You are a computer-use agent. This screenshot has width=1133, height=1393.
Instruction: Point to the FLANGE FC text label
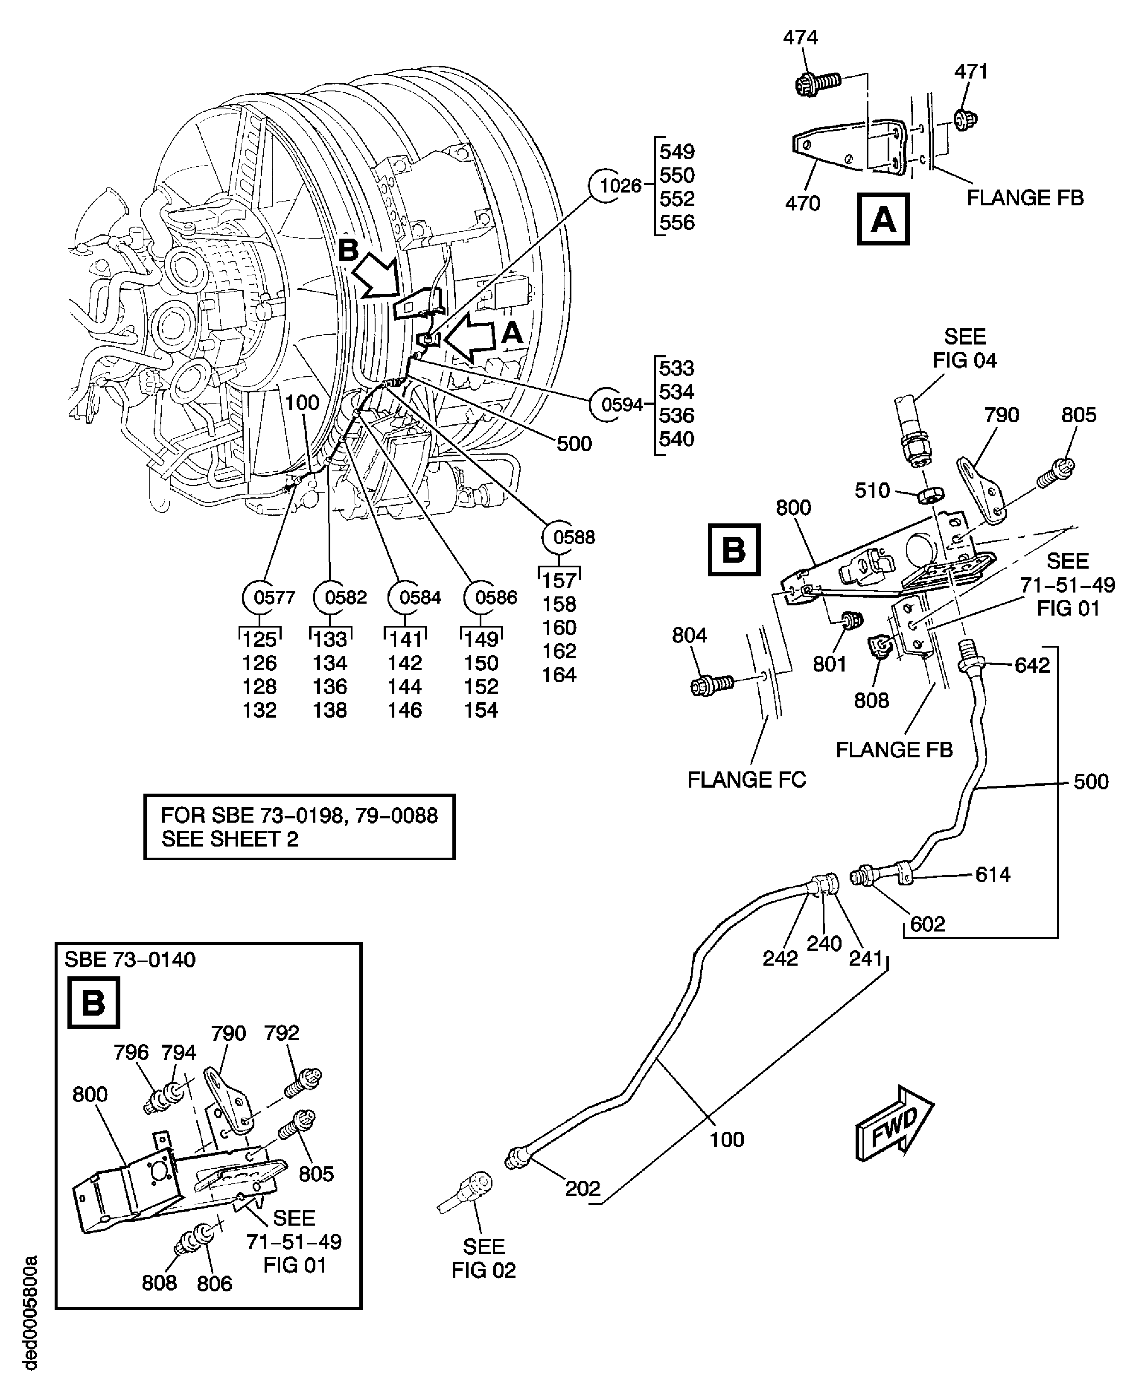[747, 780]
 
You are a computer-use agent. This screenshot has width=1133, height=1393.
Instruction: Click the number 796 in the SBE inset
[131, 1052]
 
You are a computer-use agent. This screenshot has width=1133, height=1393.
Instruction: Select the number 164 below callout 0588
[559, 675]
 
